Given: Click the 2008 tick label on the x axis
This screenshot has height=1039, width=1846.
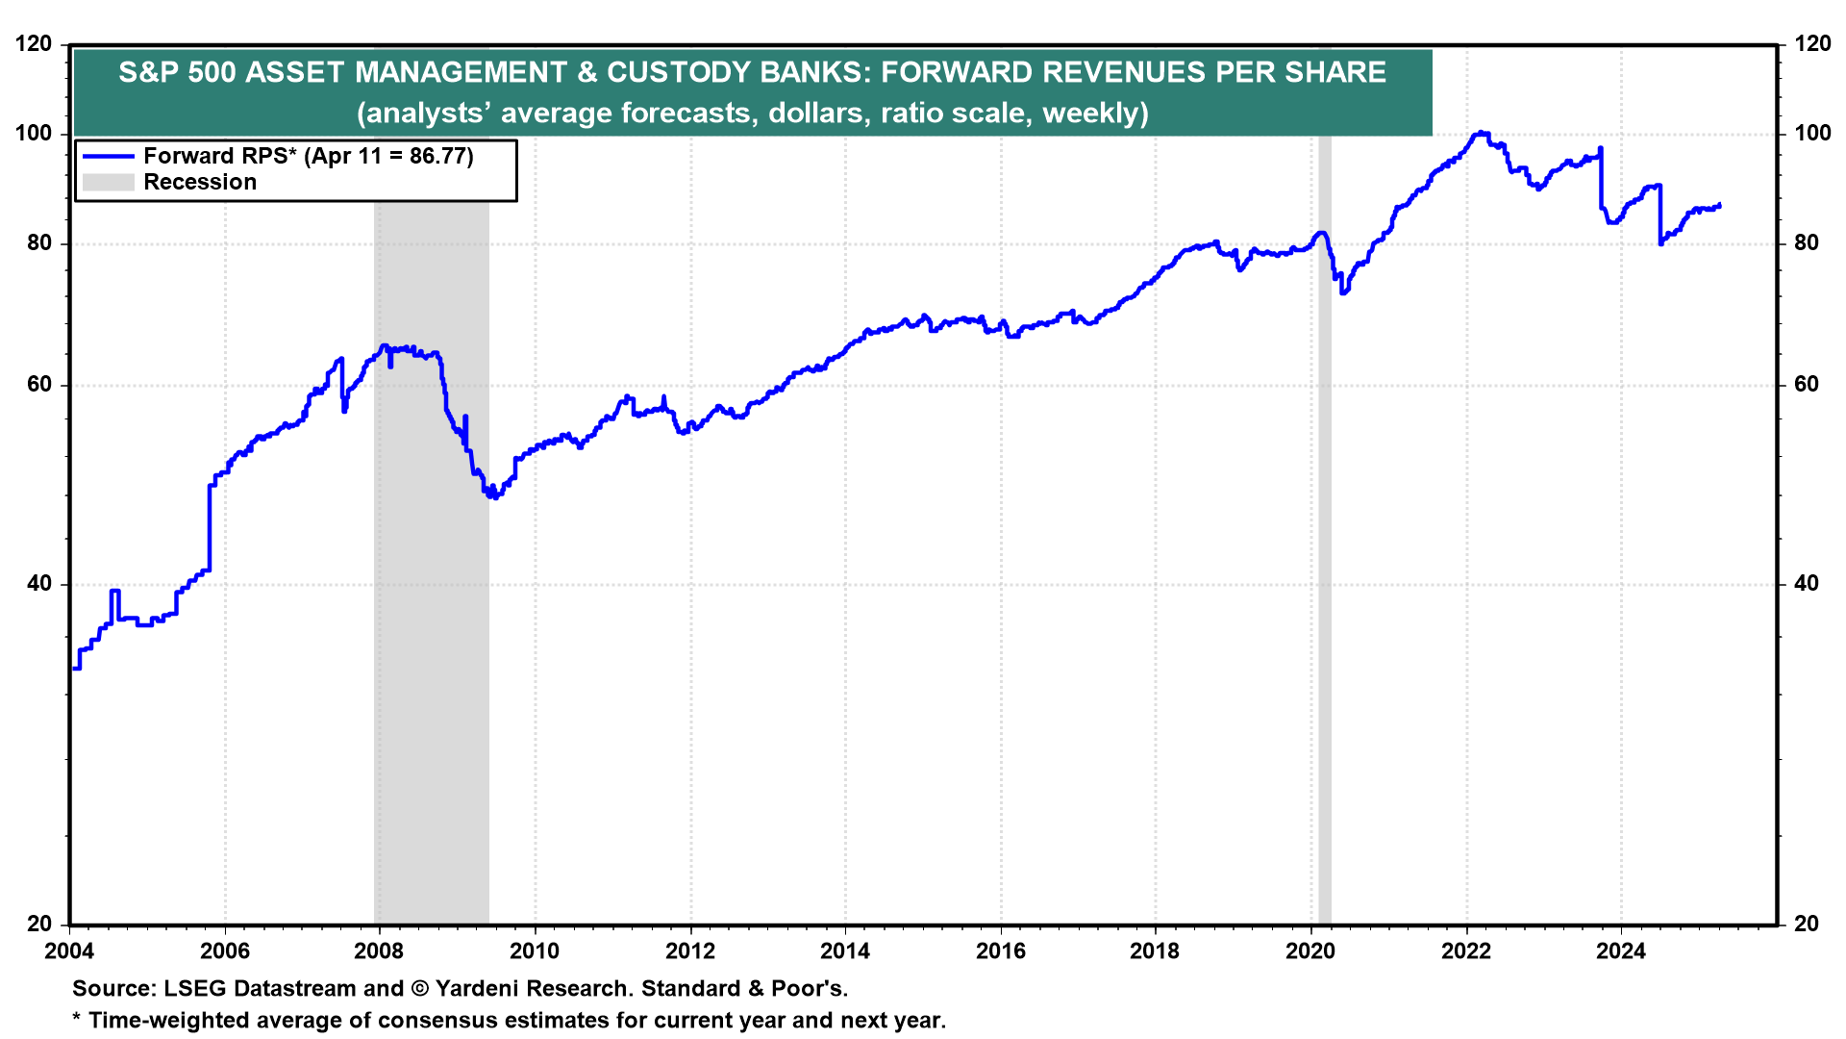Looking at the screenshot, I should [x=379, y=951].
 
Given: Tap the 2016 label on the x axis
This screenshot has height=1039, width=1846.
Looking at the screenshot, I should [x=1000, y=951].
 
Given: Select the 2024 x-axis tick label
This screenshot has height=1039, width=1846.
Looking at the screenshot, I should [x=1621, y=951].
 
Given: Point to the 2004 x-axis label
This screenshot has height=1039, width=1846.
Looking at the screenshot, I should [x=69, y=951].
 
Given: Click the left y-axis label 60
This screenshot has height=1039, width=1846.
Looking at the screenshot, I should [x=39, y=385].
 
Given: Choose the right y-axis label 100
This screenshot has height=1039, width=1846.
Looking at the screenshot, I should [x=1812, y=134].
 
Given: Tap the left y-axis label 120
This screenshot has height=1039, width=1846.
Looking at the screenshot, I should [x=34, y=44].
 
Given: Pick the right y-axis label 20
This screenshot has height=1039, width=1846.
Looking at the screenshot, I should [x=1807, y=924].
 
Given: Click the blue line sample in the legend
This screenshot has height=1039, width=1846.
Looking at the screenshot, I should [x=108, y=156].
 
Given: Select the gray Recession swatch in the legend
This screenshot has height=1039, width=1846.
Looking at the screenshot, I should [x=108, y=182].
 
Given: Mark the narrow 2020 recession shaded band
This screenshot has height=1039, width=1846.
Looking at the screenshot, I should [x=1324, y=577].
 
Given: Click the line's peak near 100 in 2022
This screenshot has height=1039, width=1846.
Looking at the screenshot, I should [x=1481, y=133].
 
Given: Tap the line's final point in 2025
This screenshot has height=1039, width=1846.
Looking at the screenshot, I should [x=1719, y=205].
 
